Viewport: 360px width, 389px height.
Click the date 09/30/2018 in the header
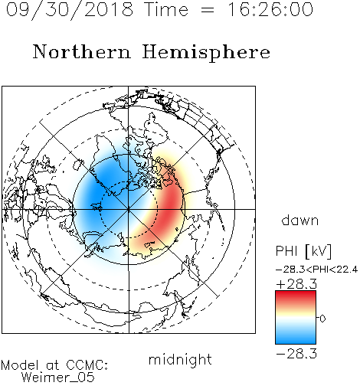coord(70,10)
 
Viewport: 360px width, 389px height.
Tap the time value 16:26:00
coord(270,9)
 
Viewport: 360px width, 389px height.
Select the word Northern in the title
coord(82,51)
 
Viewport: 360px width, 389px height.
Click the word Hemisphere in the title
coord(206,52)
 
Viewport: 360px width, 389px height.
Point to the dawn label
coord(300,220)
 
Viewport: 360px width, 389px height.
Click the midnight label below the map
coord(180,359)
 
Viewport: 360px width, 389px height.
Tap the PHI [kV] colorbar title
coord(303,251)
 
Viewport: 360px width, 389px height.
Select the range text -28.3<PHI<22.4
coord(316,270)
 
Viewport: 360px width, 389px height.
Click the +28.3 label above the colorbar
coord(296,284)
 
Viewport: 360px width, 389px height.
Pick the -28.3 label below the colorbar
coord(296,354)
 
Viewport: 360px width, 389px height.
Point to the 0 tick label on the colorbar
coord(322,319)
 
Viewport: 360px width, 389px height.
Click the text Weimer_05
coord(57,377)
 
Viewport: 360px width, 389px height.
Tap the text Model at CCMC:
coord(54,365)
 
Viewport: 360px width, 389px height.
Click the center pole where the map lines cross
coord(129,209)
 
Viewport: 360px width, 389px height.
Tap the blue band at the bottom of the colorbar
coord(296,339)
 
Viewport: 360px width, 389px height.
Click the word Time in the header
coord(166,9)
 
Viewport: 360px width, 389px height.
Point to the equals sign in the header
coord(208,10)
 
